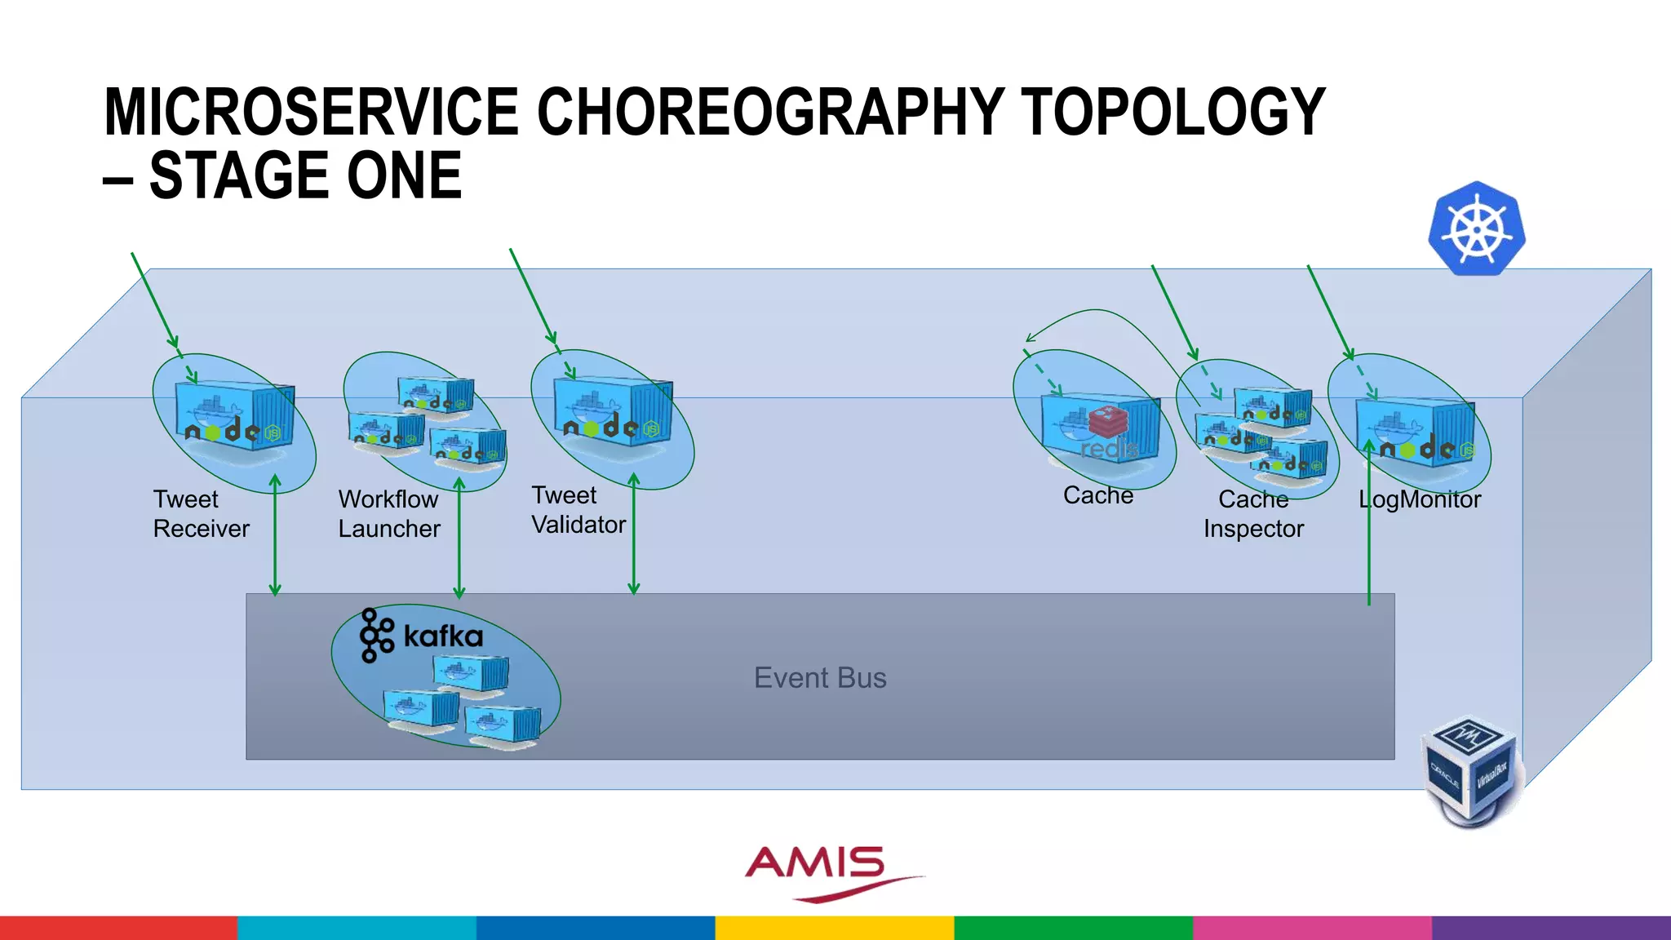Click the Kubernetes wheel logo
click(x=1477, y=228)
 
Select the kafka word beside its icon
click(x=443, y=636)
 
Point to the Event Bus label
click(x=819, y=677)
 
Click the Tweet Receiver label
click(x=201, y=514)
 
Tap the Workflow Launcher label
click(x=389, y=514)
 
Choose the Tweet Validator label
click(x=578, y=510)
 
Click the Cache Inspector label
click(x=1253, y=514)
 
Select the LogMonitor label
click(x=1419, y=499)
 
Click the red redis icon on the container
click(x=1108, y=423)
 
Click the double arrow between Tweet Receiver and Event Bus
click(x=275, y=534)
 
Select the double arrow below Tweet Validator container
click(x=634, y=534)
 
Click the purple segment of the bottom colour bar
click(x=1551, y=928)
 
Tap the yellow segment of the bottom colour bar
click(x=835, y=928)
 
